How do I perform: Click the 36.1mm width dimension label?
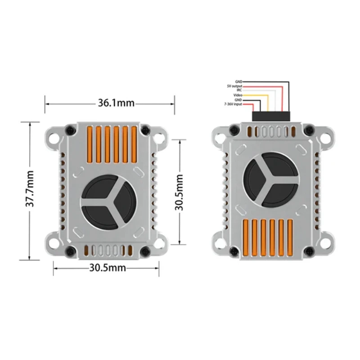(116, 103)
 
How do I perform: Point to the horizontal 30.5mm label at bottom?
(107, 268)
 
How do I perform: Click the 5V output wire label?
(234, 86)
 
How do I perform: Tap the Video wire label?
(238, 95)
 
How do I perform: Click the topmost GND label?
(238, 82)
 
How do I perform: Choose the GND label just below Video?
(238, 99)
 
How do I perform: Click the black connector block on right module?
(270, 116)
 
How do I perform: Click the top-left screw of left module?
(69, 130)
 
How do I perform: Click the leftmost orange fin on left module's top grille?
(89, 144)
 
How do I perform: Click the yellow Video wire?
(268, 101)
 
